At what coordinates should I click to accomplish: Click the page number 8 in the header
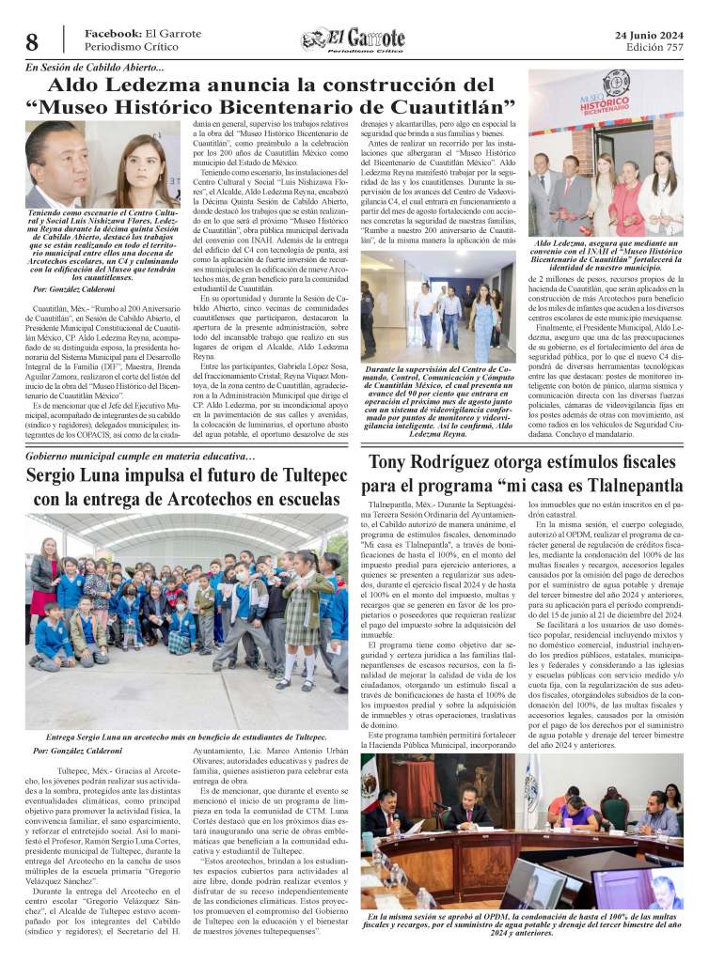(x=31, y=42)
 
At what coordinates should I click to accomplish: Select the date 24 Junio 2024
(x=648, y=35)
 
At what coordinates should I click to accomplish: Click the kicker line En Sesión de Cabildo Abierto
(x=95, y=67)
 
